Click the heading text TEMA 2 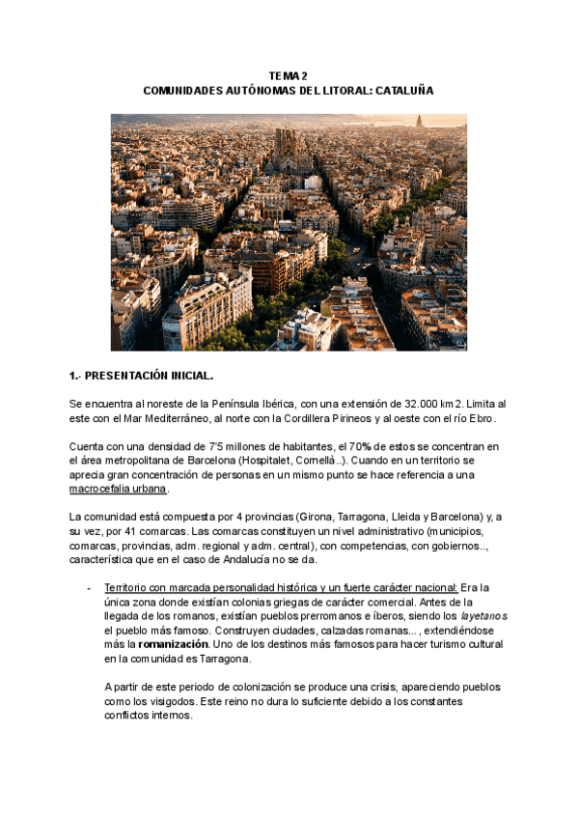click(289, 75)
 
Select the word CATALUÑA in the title click(403, 90)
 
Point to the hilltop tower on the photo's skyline click(419, 122)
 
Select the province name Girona click(320, 517)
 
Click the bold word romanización click(171, 643)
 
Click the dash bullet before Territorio click(89, 587)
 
